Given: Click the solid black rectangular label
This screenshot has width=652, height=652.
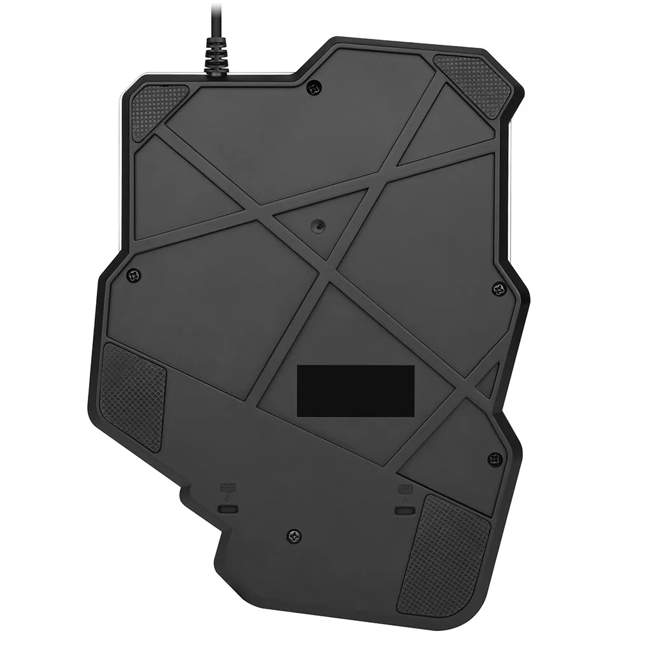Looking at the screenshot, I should [x=356, y=388].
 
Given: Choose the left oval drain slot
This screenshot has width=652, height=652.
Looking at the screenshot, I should [x=227, y=509].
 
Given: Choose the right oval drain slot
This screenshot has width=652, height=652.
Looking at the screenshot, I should [x=402, y=511].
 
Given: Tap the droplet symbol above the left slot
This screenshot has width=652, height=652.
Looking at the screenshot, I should [x=227, y=499].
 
